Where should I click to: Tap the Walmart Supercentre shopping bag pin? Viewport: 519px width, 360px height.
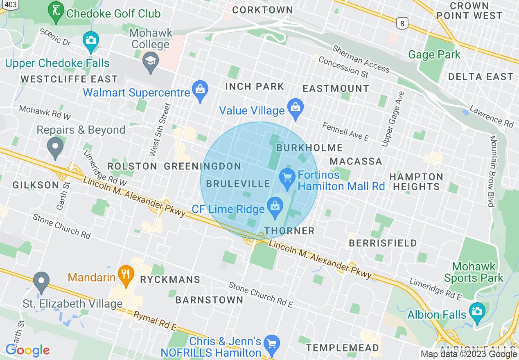(200, 91)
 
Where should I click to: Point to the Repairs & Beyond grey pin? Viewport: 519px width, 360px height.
(55, 146)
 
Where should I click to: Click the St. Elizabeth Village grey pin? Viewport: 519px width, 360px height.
(41, 281)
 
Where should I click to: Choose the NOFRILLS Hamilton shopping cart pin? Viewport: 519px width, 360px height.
(271, 344)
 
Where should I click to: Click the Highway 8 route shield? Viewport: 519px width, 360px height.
(402, 24)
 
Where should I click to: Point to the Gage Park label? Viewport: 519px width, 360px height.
(434, 54)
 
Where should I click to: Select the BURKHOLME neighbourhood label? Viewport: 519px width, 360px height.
(309, 148)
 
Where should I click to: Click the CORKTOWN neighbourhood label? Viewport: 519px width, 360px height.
(262, 10)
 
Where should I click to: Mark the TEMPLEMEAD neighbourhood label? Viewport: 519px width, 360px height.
(343, 348)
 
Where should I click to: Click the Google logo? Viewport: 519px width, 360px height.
(27, 350)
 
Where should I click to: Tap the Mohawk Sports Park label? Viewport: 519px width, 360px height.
(474, 272)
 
